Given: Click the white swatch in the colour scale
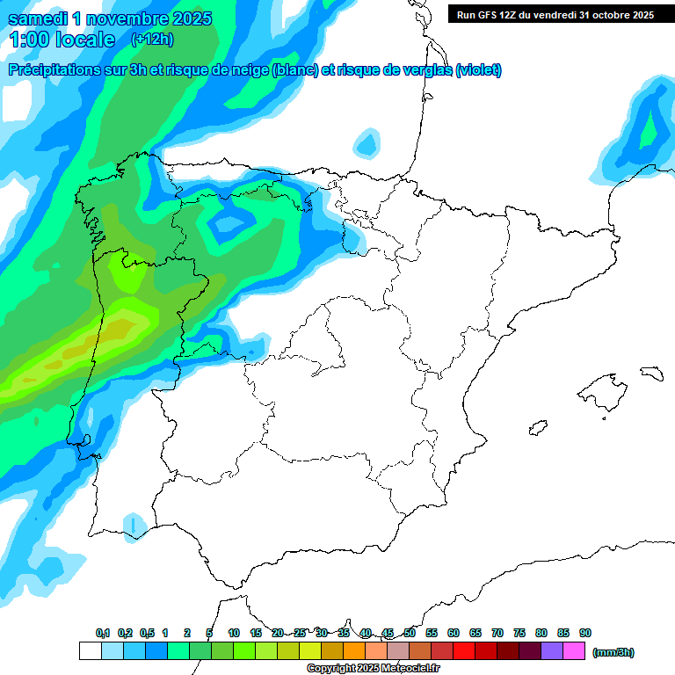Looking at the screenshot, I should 90,651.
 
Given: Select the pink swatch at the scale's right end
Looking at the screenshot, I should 574,651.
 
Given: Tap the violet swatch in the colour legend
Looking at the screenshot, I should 552,651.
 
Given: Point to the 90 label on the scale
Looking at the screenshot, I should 585,633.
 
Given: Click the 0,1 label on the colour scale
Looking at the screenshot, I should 103,633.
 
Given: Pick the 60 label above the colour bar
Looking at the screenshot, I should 454,633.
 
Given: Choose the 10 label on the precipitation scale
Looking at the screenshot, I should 234,633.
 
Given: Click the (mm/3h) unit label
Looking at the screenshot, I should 613,652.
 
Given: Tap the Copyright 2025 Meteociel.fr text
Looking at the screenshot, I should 374,669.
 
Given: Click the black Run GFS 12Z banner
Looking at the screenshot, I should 555,15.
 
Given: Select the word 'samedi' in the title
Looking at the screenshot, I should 36,18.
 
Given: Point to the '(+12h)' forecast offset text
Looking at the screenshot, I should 152,40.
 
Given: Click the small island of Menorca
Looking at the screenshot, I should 651,373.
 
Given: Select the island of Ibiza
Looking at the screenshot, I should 538,428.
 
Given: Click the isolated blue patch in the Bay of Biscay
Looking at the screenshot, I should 367,142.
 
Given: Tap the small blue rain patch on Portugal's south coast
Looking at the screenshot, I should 134,525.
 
